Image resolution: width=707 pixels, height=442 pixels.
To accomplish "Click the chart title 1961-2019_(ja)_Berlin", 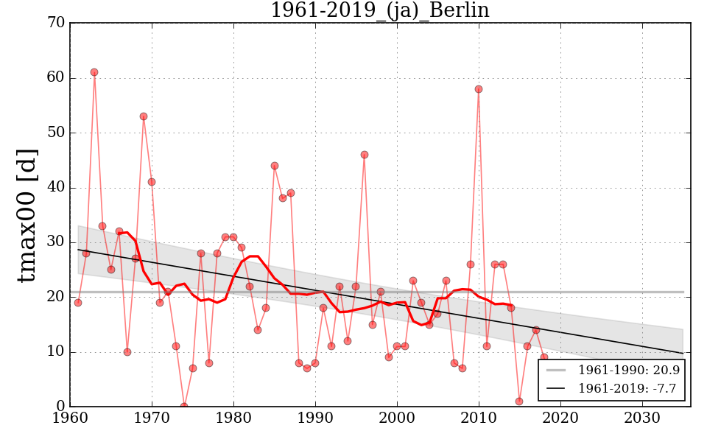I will (379, 10).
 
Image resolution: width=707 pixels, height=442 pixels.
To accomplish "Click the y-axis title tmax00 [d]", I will (27, 214).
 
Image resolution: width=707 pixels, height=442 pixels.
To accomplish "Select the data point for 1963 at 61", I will (94, 72).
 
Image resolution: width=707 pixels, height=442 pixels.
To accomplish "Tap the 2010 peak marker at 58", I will (479, 89).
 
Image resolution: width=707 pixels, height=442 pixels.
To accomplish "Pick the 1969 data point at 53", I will (144, 116).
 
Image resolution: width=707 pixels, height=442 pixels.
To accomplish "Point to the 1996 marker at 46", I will (365, 155).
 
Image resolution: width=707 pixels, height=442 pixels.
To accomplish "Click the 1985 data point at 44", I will (275, 166).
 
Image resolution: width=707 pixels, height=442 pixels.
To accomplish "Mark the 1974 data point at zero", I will (184, 406).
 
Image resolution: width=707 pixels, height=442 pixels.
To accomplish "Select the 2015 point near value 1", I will (519, 401).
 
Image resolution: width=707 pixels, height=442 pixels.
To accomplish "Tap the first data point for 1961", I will (78, 303).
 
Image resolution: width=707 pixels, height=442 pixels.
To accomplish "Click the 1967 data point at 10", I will (127, 352).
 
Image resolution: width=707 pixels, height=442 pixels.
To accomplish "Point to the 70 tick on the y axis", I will (55, 24).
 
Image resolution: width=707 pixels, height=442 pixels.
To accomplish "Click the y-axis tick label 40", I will (55, 188).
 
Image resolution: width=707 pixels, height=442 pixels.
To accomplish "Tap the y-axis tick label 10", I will (55, 352).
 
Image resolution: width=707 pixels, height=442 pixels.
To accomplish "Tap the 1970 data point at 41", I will (152, 182).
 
